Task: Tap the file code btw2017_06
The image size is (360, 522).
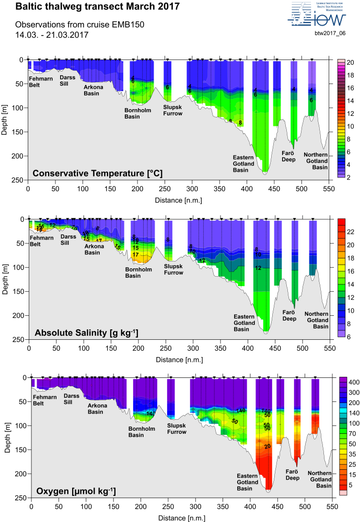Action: [330, 33]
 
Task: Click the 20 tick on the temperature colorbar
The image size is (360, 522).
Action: [351, 63]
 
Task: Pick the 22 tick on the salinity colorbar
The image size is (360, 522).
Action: [351, 231]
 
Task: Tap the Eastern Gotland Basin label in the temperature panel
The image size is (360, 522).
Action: [243, 163]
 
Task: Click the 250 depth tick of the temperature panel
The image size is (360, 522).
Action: [19, 180]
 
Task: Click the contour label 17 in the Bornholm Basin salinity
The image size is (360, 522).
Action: [135, 255]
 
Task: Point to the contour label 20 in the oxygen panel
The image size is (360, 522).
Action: [268, 432]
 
